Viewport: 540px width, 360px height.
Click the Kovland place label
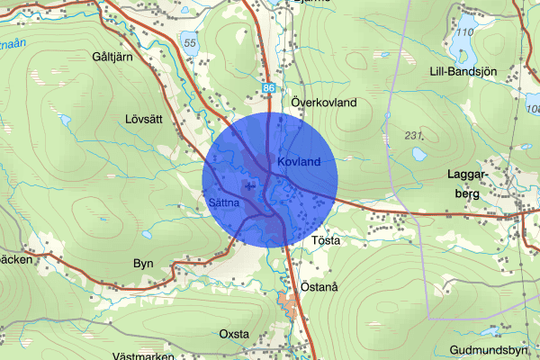coord(299,161)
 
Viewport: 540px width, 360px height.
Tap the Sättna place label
coord(222,202)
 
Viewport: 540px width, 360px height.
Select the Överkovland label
coord(324,103)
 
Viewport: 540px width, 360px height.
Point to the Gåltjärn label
coord(112,56)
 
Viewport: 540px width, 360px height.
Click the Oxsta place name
coord(234,334)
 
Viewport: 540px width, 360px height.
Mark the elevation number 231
coord(414,135)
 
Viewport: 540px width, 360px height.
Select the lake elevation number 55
coord(188,40)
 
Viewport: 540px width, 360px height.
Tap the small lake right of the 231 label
coord(420,154)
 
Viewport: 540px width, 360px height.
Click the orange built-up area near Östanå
coord(290,301)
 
